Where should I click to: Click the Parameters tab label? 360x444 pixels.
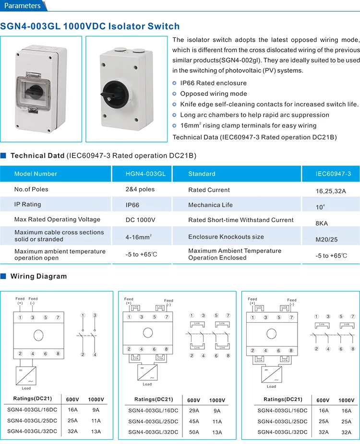23,6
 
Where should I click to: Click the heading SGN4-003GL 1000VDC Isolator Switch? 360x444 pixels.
90,26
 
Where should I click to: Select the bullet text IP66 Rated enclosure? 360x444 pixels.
213,83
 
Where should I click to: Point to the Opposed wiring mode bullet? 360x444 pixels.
213,93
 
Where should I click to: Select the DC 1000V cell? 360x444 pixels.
140,220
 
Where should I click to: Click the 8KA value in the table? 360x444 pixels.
322,223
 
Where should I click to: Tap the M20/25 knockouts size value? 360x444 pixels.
326,239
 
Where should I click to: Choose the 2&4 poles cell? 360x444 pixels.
140,189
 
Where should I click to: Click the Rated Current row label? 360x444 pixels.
209,190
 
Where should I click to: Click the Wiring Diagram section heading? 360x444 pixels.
38,276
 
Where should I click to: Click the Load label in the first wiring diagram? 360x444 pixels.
26,388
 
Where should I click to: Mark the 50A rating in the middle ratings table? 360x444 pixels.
193,432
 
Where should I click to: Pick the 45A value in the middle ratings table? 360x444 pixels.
193,421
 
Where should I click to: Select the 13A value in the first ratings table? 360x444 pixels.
96,432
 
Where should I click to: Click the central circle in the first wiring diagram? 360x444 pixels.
38,334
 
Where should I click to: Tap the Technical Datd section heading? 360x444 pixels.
36,155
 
